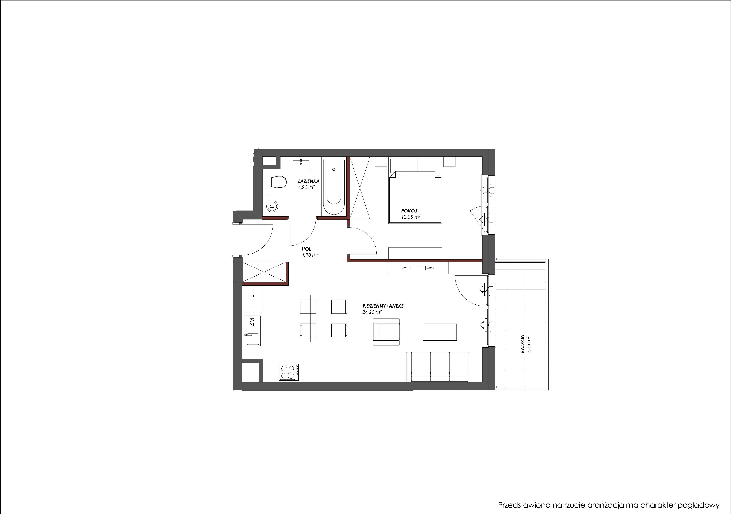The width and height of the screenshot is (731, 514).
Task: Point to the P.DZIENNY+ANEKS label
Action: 378,306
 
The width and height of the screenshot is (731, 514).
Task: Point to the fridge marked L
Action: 252,296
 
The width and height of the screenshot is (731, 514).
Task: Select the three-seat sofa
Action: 440,366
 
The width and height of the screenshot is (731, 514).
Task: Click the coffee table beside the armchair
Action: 440,332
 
